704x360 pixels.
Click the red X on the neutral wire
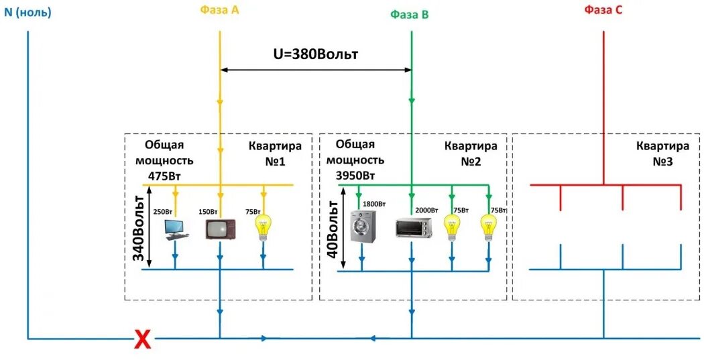pos(142,340)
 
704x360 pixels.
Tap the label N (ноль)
pos(27,12)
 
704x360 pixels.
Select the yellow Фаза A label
pos(219,10)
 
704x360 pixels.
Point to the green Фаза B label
pos(410,14)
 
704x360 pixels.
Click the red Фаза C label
pos(604,10)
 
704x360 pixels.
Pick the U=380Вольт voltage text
pos(315,54)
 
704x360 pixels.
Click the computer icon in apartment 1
pos(176,228)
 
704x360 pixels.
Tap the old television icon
pos(220,229)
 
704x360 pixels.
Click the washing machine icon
pos(363,227)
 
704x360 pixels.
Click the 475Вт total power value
pos(164,175)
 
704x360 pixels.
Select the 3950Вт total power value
pos(355,175)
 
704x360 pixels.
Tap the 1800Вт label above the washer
pos(374,204)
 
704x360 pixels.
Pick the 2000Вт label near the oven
pos(426,211)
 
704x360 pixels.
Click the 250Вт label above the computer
pos(163,211)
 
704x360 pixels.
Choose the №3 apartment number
pos(662,162)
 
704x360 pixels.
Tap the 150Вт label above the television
pos(208,211)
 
